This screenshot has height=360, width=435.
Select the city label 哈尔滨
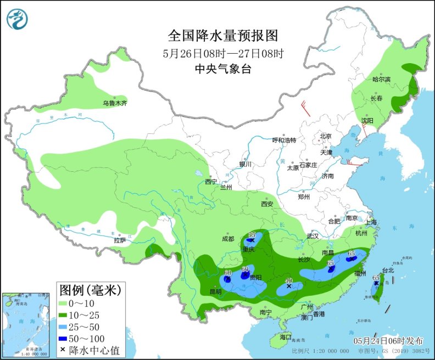(381, 80)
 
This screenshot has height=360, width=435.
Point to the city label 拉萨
(120, 240)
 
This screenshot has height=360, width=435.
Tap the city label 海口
(285, 336)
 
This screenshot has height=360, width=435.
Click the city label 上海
(369, 222)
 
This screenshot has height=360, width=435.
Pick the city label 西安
(267, 204)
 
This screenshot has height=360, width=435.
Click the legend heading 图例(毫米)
(89, 289)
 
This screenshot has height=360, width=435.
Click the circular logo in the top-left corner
(17, 19)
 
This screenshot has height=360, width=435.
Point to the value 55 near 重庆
(252, 235)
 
